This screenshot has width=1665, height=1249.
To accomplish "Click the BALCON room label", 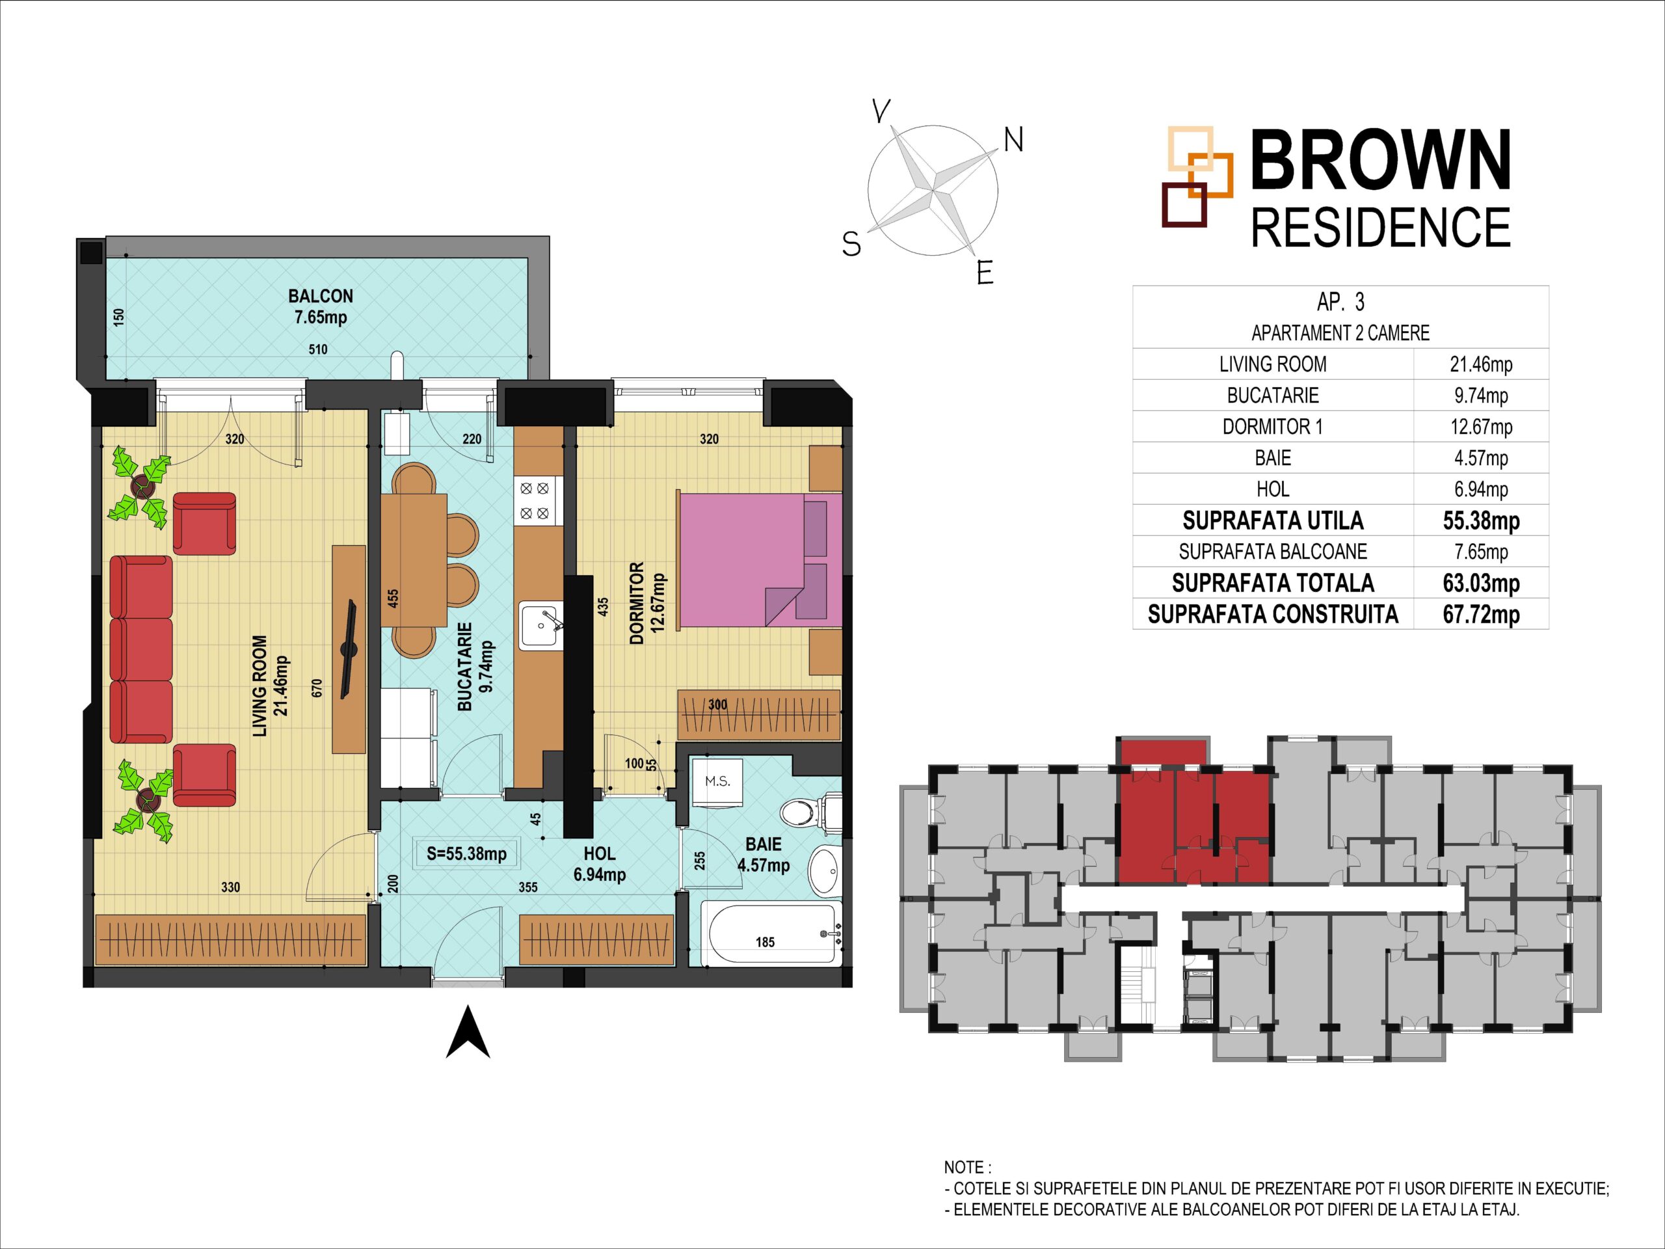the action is click(321, 296).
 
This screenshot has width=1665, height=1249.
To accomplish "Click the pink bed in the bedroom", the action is click(760, 560).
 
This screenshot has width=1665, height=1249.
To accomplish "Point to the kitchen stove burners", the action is click(535, 502).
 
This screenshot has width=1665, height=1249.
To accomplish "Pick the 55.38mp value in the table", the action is click(1480, 521).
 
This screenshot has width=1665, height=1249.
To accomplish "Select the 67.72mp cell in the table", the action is click(1480, 614).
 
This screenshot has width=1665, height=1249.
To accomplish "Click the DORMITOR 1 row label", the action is click(1272, 427).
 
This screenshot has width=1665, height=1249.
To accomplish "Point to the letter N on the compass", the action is click(1014, 140).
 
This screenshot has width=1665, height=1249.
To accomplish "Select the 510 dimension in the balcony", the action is click(317, 349).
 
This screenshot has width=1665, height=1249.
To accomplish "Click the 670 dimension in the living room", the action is click(317, 688).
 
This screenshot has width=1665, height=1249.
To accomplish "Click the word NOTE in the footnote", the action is click(963, 1168).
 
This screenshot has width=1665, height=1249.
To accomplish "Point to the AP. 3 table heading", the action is click(1340, 302).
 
